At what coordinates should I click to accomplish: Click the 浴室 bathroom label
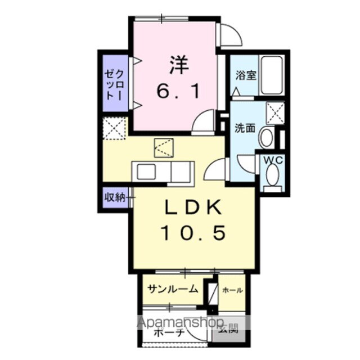[x=246, y=75]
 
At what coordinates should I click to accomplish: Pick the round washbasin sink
[x=268, y=136]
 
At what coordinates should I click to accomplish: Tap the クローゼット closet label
[x=114, y=85]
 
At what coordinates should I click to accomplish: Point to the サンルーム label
[x=173, y=290]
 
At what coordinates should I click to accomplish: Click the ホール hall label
[x=232, y=290]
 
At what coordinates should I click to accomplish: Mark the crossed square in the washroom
[x=275, y=112]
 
